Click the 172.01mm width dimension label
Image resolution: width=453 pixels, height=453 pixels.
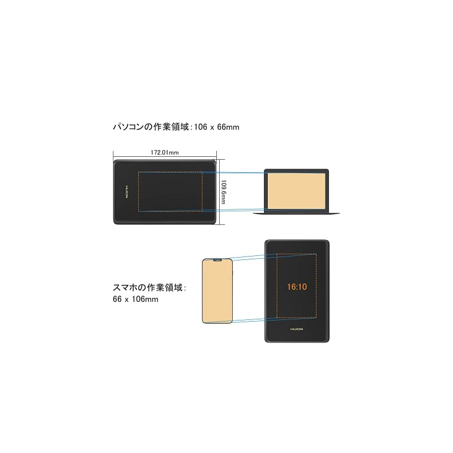[x=165, y=152]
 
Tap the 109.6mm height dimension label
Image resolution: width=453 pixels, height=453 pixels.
[x=223, y=193]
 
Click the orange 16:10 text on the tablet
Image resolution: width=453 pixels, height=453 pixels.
[x=297, y=287]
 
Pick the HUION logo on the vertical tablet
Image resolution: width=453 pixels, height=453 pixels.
[x=297, y=327]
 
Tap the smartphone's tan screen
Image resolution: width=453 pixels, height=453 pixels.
[x=216, y=292]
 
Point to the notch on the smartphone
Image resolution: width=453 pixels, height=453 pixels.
[x=217, y=260]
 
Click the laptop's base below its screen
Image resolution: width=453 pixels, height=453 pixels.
[x=297, y=213]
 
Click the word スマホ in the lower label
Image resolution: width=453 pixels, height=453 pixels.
[x=125, y=288]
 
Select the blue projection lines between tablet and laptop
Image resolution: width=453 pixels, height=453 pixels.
[x=238, y=172]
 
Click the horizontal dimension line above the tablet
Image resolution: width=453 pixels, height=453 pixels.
[x=165, y=156]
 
